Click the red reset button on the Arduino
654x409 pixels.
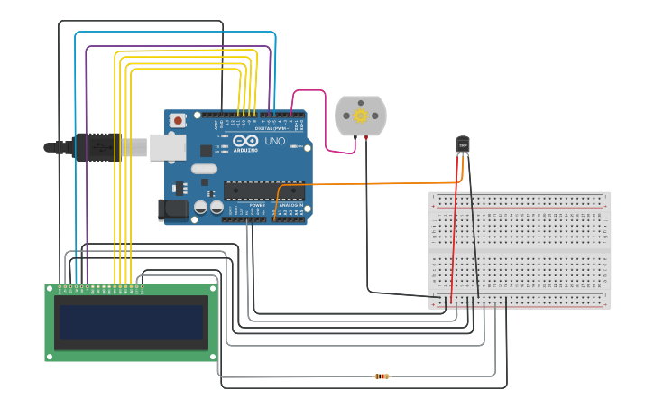[179, 120]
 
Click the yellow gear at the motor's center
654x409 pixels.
[361, 116]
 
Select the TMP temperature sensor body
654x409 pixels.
[463, 144]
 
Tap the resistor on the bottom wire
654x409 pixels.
[382, 376]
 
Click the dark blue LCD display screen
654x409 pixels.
[132, 322]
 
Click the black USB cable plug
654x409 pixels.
[95, 146]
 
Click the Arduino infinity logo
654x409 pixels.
[244, 141]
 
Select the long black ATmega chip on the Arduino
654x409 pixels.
[263, 191]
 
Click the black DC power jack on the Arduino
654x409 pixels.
[173, 210]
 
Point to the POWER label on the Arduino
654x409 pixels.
[257, 205]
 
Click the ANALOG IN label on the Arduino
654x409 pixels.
[290, 205]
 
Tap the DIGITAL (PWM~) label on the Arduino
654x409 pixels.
[271, 128]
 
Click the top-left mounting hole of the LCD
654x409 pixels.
[51, 289]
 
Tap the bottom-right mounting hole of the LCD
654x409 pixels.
[212, 357]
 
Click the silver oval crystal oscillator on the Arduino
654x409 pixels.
[205, 169]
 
